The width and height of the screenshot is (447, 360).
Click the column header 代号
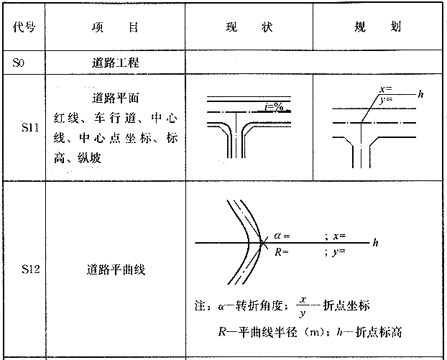pyautogui.click(x=24, y=27)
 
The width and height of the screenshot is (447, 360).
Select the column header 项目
pyautogui.click(x=115, y=27)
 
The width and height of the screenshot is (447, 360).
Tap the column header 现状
pyautogui.click(x=249, y=27)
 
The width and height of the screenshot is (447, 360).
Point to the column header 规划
pyautogui.click(x=377, y=27)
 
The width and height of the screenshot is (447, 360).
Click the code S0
pyautogui.click(x=18, y=63)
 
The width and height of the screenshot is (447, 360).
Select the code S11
pyautogui.click(x=30, y=127)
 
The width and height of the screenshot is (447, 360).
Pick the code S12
pyautogui.click(x=30, y=269)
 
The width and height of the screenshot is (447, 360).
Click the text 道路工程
pyautogui.click(x=115, y=63)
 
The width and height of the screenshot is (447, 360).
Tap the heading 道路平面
pyautogui.click(x=115, y=98)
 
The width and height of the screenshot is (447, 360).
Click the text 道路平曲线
pyautogui.click(x=116, y=269)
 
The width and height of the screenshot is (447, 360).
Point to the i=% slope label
pyautogui.click(x=275, y=107)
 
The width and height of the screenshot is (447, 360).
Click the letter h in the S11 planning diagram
pyautogui.click(x=420, y=94)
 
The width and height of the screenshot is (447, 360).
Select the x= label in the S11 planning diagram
pyautogui.click(x=385, y=90)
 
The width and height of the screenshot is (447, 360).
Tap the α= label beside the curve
pyautogui.click(x=282, y=236)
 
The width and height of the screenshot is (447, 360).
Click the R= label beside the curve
pyautogui.click(x=282, y=252)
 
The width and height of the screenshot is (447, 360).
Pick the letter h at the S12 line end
pyautogui.click(x=375, y=243)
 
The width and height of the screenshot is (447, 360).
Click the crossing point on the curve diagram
pyautogui.click(x=262, y=243)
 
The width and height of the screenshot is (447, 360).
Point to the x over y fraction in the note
pyautogui.click(x=303, y=307)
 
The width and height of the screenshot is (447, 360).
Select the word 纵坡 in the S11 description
pyautogui.click(x=90, y=158)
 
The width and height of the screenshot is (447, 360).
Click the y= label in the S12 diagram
pyautogui.click(x=338, y=252)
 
